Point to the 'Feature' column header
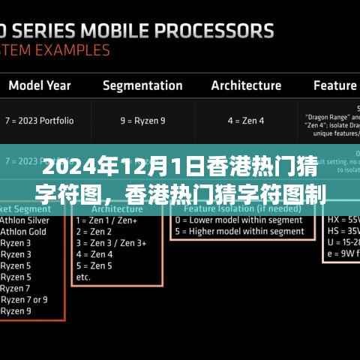coord(335,85)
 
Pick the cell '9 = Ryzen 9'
coord(143,118)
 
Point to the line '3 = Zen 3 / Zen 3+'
coord(111,243)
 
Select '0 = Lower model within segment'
coord(238,221)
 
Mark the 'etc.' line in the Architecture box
coord(84,276)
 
